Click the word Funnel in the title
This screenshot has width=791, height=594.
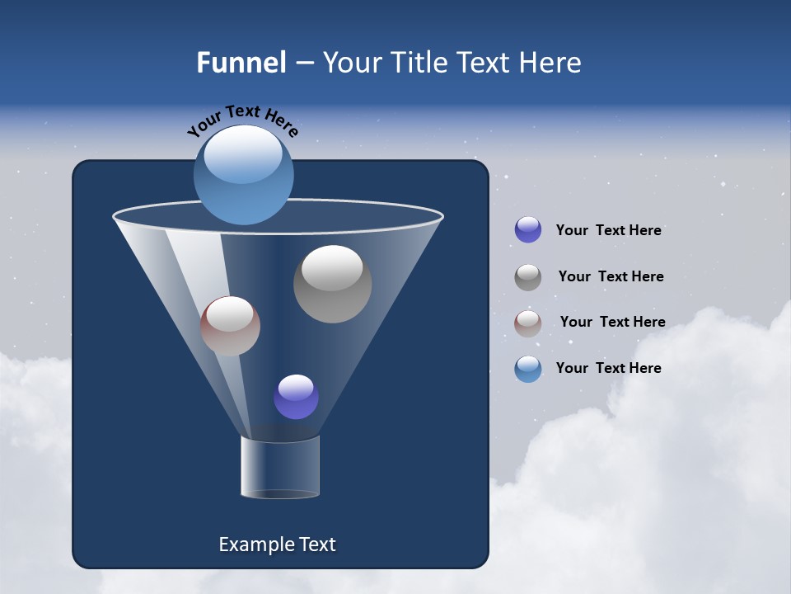[x=241, y=63]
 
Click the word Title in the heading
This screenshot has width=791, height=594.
[x=419, y=63]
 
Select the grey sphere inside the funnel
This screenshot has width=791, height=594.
[x=332, y=285]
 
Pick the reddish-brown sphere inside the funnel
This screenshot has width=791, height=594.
[x=230, y=327]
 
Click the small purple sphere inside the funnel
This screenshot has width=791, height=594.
[x=296, y=397]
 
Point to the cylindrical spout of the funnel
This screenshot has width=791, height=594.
[x=280, y=467]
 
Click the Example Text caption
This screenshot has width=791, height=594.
[x=277, y=544]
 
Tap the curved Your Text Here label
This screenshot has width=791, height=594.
[x=242, y=120]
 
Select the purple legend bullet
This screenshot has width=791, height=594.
[x=528, y=230]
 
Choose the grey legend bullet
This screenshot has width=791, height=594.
[x=528, y=277]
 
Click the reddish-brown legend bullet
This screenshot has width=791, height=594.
[x=528, y=323]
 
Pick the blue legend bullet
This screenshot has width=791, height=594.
[x=528, y=369]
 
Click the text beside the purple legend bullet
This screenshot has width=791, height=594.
[x=608, y=231]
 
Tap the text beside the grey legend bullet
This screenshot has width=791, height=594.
[x=611, y=277]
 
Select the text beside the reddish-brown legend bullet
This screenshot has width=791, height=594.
[x=612, y=323]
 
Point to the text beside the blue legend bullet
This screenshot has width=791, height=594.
[x=608, y=369]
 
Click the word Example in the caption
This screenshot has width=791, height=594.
[x=255, y=544]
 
